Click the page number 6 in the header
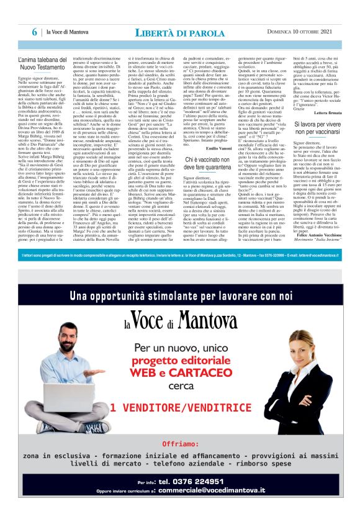(x=36, y=32)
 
